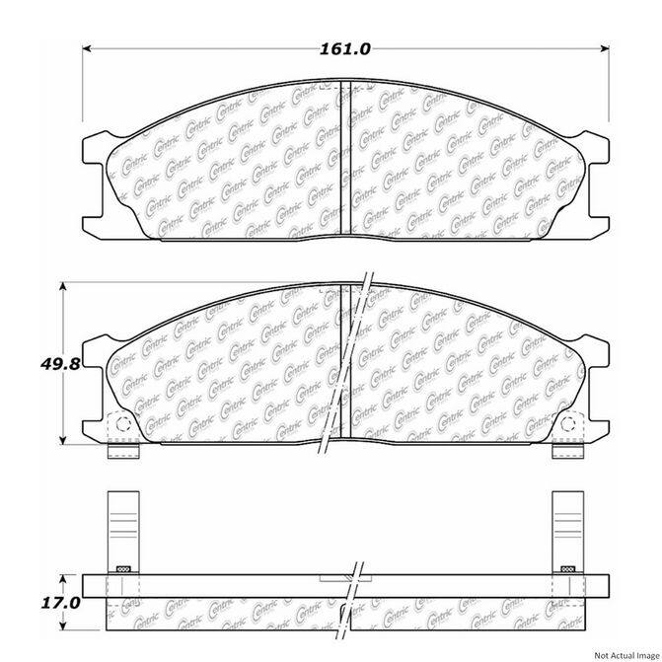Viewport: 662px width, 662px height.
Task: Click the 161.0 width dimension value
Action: pyautogui.click(x=344, y=47)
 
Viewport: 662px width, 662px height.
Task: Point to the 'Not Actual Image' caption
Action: pyautogui.click(x=619, y=652)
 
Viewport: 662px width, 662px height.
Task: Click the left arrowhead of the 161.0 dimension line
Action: pyautogui.click(x=87, y=47)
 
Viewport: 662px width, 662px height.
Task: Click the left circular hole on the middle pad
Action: pyautogui.click(x=122, y=424)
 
